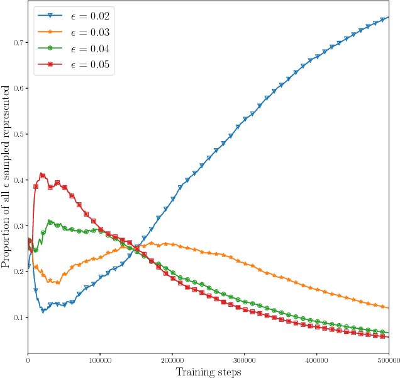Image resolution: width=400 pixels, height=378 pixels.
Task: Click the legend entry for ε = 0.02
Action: coord(74,16)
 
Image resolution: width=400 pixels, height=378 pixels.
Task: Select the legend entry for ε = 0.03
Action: coord(74,33)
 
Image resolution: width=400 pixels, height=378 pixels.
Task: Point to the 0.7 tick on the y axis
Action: coord(19,43)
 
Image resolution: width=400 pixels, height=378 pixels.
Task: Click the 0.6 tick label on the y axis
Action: coord(19,88)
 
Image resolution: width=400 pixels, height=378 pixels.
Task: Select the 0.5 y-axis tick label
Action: coord(19,134)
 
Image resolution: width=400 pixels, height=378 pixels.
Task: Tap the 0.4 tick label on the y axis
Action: coord(19,180)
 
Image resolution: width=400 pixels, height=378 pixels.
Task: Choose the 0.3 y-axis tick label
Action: coord(19,226)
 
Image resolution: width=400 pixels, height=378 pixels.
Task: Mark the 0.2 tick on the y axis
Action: coord(19,272)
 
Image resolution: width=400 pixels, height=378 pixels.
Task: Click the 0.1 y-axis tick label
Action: coord(19,317)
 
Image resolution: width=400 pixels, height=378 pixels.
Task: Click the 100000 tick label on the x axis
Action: coord(100,360)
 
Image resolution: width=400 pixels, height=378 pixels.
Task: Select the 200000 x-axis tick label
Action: coord(172,360)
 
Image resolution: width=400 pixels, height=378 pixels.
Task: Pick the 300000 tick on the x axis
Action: coord(245,360)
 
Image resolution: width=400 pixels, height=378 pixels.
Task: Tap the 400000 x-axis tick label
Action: coord(317,360)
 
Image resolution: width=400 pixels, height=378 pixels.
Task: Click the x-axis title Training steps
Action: coord(208,372)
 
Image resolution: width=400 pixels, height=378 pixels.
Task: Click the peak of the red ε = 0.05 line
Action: coord(42,174)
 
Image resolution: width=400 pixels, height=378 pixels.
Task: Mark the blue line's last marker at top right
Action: coord(382,20)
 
